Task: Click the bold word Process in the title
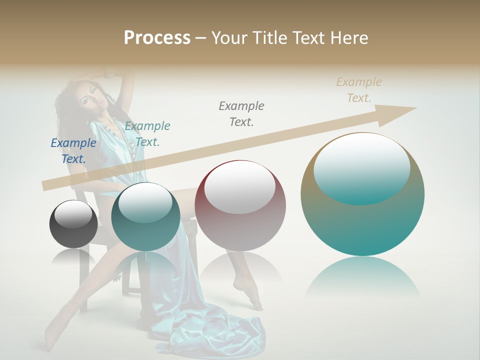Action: (157, 38)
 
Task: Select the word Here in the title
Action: (349, 38)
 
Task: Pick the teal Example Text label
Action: (147, 134)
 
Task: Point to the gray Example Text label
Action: (241, 113)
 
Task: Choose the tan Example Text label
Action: (359, 90)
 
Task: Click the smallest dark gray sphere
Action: (73, 224)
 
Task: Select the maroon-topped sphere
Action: (240, 205)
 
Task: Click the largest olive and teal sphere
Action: (362, 194)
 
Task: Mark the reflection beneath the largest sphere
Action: (362, 278)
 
